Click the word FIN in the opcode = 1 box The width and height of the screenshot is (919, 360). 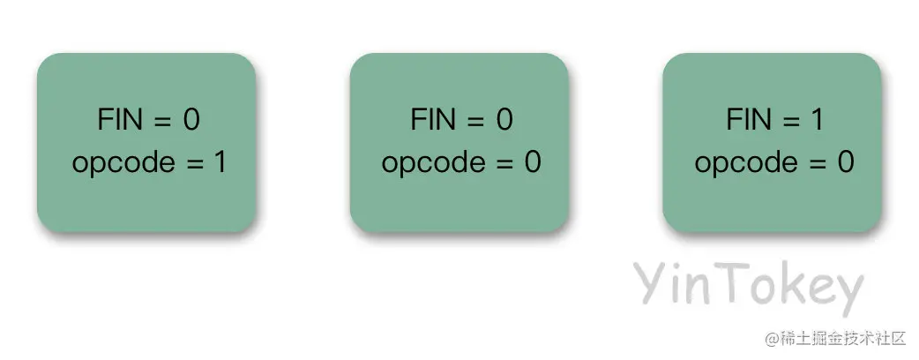coord(119,121)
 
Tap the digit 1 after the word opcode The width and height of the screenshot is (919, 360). coord(221,164)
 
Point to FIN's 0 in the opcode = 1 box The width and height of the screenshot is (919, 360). coord(191,121)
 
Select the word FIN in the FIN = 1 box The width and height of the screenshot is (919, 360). coord(745,121)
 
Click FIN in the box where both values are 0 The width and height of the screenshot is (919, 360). coord(432,121)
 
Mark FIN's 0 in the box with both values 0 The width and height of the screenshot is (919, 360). coord(504,121)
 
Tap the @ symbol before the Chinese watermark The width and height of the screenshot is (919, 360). coord(773,339)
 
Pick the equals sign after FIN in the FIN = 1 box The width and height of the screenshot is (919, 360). coord(784,121)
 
